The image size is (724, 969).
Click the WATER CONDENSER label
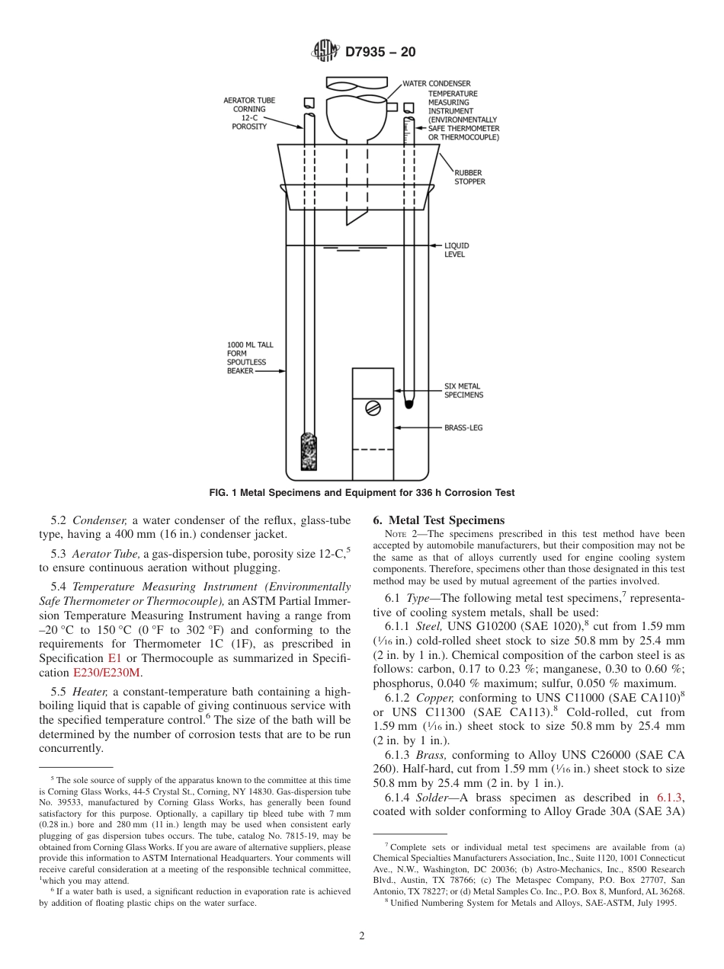tap(437, 83)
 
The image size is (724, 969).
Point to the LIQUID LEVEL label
tap(457, 250)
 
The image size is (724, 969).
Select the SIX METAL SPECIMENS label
tap(463, 391)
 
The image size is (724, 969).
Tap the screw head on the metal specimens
tap(373, 408)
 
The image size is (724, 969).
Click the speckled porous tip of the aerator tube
tap(309, 452)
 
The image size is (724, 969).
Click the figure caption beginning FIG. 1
tap(362, 493)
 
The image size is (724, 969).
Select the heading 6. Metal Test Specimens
tap(438, 520)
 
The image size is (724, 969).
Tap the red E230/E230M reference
tap(107, 673)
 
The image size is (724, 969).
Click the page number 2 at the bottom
tap(362, 936)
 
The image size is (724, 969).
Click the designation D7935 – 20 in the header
tap(380, 53)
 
